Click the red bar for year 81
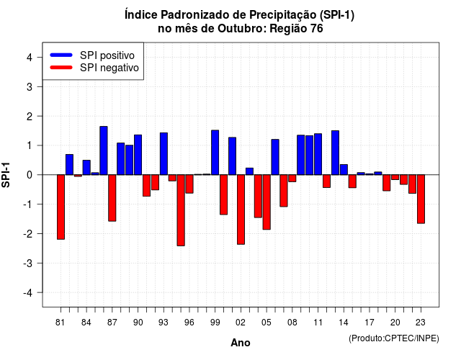tap(61, 207)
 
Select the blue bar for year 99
tap(215, 153)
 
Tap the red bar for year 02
tap(241, 210)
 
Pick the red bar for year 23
tap(421, 199)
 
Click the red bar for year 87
tap(112, 198)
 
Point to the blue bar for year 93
tap(164, 153)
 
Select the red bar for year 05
tap(267, 202)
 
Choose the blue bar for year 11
tap(318, 154)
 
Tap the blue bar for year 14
tap(344, 170)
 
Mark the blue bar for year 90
tap(138, 155)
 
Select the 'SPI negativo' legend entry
tap(94, 68)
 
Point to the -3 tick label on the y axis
tap(28, 264)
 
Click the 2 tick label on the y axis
tap(30, 117)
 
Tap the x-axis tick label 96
tap(189, 323)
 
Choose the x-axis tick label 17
tap(370, 323)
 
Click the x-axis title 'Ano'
tap(241, 343)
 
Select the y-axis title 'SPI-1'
tap(6, 175)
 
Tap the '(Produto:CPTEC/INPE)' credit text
tap(394, 338)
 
